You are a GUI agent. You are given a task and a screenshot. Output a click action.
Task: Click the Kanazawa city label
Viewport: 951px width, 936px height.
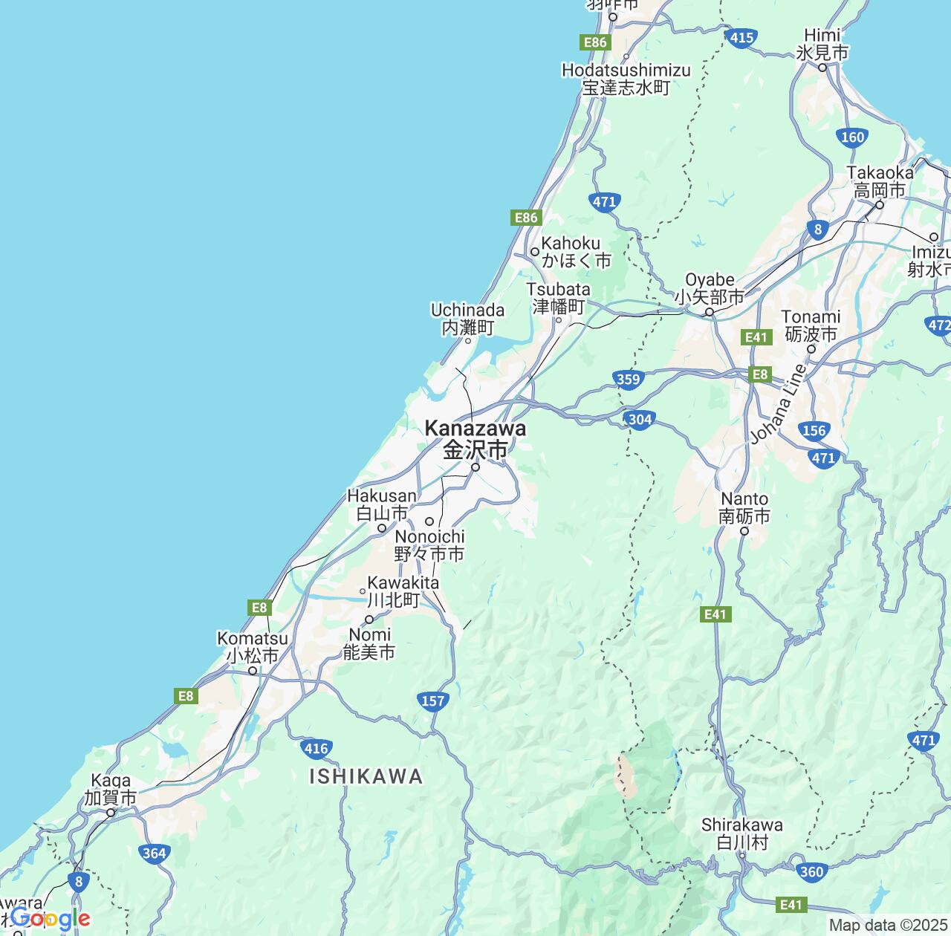475,438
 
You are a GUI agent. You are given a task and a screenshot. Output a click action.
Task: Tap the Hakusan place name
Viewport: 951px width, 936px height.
382,504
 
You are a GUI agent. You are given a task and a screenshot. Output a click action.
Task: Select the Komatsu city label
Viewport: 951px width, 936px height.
253,647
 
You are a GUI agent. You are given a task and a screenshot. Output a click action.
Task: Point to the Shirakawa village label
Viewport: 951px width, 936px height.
742,833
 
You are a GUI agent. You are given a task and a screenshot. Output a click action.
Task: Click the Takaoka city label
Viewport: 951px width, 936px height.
880,182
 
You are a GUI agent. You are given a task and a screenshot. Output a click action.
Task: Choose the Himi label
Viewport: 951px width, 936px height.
822,44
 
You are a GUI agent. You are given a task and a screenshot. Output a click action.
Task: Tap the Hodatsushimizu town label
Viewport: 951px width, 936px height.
626,79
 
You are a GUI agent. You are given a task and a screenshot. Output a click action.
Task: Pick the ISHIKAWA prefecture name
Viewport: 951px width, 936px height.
366,777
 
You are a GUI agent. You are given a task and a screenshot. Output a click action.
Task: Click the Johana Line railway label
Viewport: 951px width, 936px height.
778,404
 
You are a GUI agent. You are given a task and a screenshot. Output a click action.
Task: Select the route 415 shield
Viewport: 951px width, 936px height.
741,38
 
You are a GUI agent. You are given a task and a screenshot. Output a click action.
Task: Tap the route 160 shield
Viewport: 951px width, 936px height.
853,137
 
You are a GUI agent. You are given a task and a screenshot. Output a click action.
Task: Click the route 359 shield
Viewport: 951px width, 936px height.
628,380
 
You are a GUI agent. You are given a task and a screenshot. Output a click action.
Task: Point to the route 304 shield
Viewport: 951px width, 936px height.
640,420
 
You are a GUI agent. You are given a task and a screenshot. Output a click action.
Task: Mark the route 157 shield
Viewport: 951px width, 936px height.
432,701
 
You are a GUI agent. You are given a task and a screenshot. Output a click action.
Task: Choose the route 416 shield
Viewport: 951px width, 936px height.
317,748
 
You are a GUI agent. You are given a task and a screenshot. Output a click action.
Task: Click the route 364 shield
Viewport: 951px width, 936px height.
154,853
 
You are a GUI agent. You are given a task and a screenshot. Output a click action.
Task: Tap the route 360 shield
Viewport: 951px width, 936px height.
811,871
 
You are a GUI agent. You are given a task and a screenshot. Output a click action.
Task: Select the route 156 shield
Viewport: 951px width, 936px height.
814,430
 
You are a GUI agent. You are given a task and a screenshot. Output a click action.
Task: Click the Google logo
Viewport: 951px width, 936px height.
50,919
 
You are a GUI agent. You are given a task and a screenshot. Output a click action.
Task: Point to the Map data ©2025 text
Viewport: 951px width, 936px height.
888,926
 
